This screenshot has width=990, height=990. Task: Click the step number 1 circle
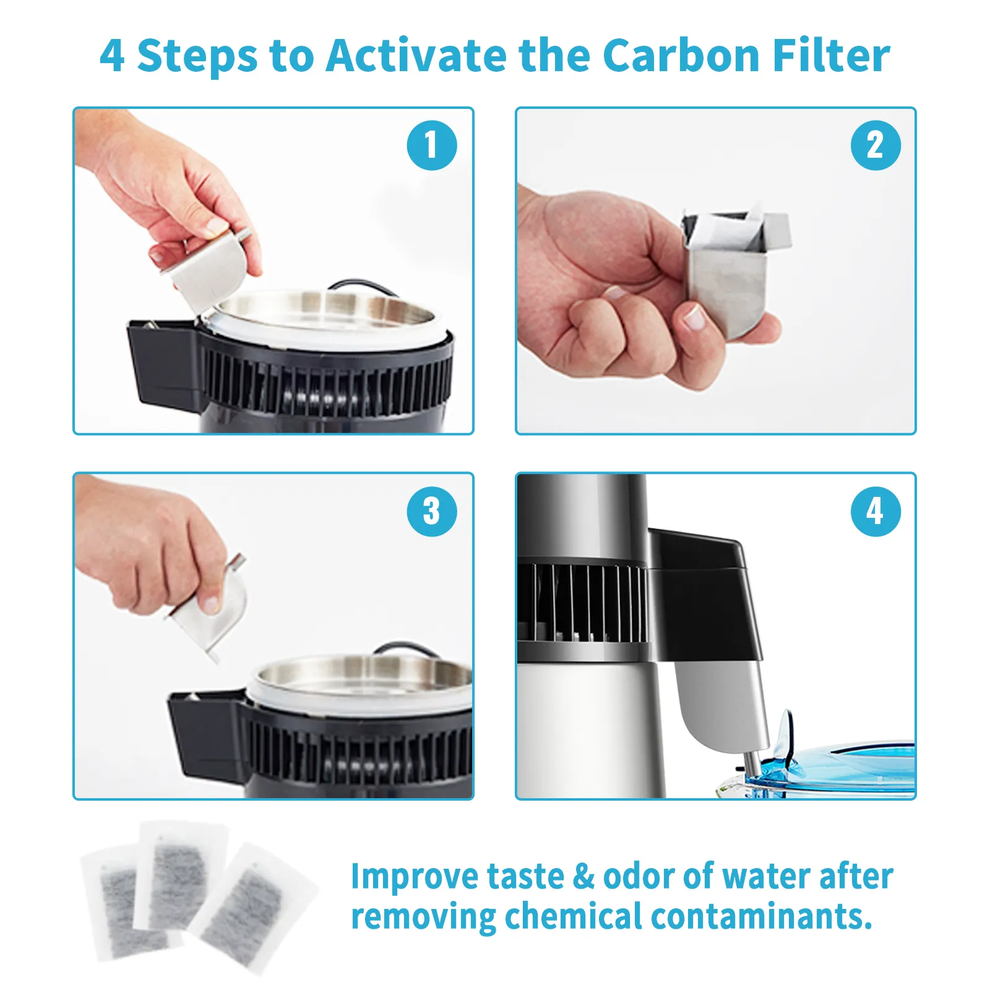pyautogui.click(x=431, y=145)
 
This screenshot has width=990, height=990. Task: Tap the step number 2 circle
pyautogui.click(x=875, y=145)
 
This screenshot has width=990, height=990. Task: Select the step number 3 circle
pyautogui.click(x=431, y=511)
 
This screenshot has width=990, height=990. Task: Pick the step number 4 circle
pyautogui.click(x=875, y=511)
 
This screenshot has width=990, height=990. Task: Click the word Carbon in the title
pyautogui.click(x=681, y=56)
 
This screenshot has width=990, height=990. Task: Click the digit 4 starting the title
pyautogui.click(x=112, y=56)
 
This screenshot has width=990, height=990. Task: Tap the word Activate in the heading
pyautogui.click(x=416, y=56)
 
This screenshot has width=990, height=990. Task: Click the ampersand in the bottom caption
pyautogui.click(x=583, y=877)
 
